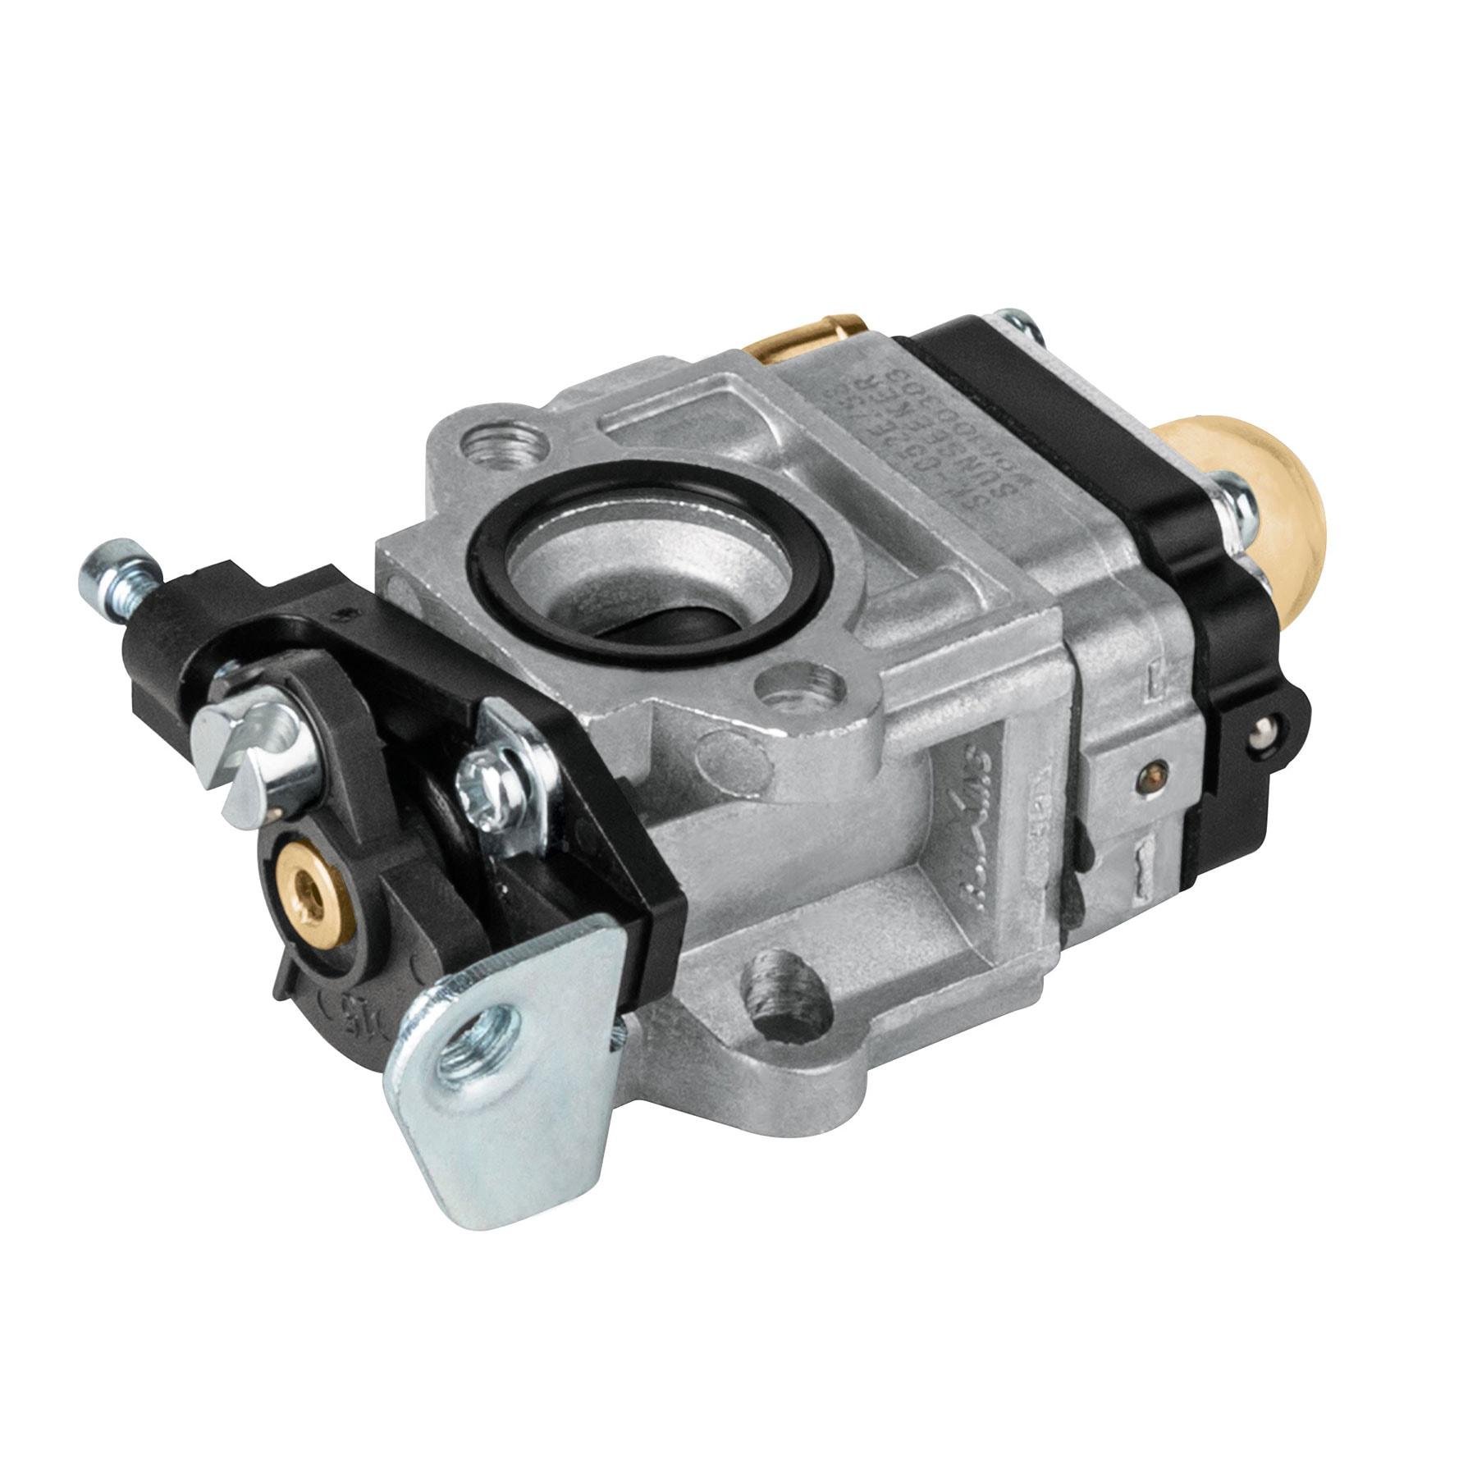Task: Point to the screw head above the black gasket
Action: pos(1017,324)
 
